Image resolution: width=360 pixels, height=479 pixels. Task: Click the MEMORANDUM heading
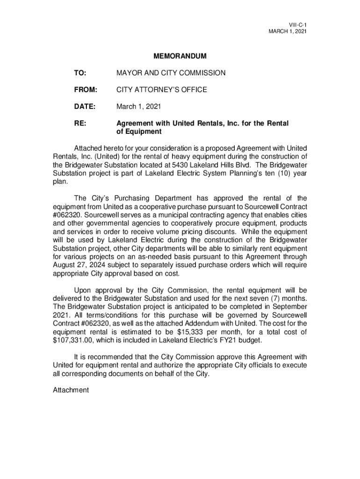180,57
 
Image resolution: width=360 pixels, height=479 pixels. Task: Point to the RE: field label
79,123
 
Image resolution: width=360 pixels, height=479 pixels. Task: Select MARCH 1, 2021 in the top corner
287,31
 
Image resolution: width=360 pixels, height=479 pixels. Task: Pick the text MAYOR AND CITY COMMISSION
171,73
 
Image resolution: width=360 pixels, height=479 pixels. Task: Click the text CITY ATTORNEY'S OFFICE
161,90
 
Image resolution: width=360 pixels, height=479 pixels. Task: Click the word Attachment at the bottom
71,390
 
